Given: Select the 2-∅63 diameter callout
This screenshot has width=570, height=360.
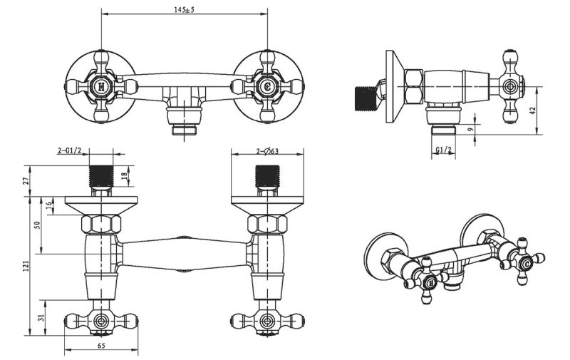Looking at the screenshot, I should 259,151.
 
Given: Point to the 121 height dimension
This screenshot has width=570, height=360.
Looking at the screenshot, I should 26,265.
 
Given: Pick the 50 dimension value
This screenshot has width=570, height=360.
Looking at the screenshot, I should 37,225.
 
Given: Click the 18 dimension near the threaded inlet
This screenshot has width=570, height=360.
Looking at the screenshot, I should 125,176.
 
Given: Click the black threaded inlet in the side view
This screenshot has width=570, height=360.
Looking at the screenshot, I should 366,99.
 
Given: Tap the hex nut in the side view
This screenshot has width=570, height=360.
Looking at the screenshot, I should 413,86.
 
